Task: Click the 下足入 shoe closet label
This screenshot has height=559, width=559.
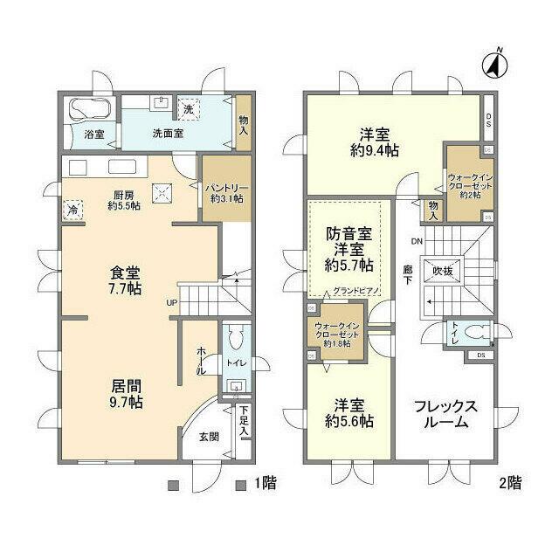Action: click(x=245, y=420)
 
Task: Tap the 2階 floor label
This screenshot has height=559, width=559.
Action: click(x=510, y=481)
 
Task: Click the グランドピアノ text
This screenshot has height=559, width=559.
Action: click(x=355, y=291)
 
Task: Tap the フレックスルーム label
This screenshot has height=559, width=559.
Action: click(x=445, y=414)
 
